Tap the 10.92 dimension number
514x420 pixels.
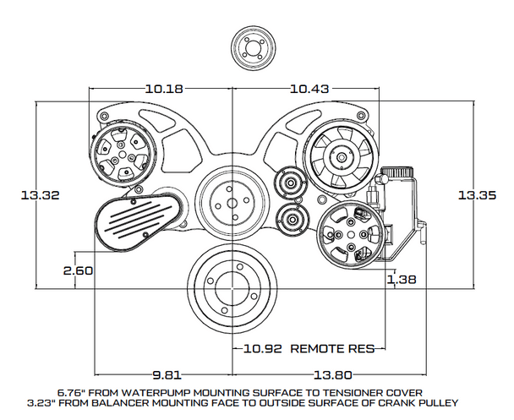click(261, 348)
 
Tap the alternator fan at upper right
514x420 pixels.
click(338, 155)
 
